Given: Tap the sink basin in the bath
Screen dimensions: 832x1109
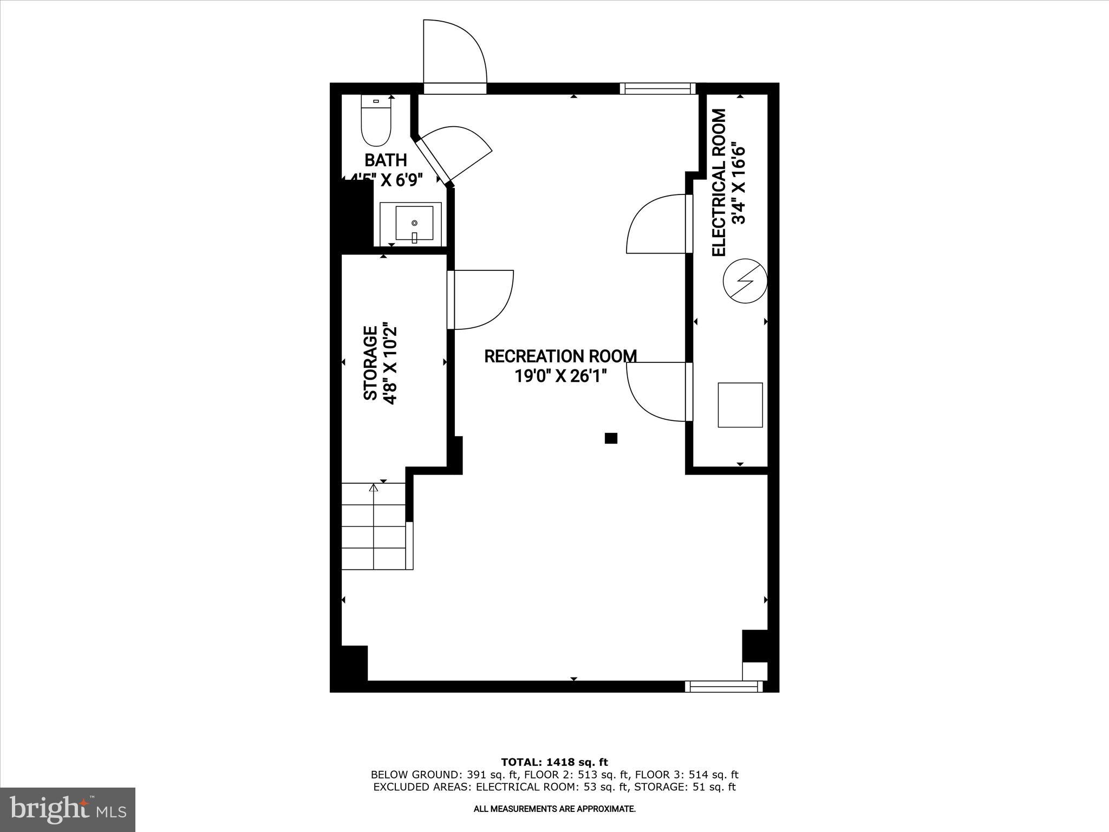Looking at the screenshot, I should [x=414, y=223].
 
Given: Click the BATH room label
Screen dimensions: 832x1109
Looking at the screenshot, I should [x=386, y=160].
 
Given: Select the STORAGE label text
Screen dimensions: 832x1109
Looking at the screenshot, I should [x=370, y=363].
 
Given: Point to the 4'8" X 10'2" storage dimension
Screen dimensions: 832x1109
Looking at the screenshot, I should [x=390, y=364].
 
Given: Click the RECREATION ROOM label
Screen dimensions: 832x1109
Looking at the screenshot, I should [x=560, y=356].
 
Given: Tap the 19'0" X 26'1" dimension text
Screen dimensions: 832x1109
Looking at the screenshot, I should [x=560, y=376].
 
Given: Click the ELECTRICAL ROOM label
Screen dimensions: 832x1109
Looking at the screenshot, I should [x=719, y=183].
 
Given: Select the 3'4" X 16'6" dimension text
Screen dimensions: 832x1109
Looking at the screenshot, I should [x=739, y=183].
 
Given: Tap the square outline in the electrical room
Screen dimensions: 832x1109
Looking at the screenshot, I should [x=740, y=405].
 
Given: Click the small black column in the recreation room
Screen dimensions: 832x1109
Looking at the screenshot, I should [x=611, y=438].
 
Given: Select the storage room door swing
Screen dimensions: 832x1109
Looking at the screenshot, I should [x=482, y=299].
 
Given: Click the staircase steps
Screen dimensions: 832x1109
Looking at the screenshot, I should [x=374, y=526].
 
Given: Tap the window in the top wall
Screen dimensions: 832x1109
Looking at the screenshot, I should [x=657, y=89].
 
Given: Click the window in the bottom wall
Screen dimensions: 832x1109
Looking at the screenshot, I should [x=723, y=687].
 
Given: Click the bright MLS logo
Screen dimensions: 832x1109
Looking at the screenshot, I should [x=68, y=809].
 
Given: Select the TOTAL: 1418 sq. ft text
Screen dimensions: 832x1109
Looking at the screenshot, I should [x=554, y=762].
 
